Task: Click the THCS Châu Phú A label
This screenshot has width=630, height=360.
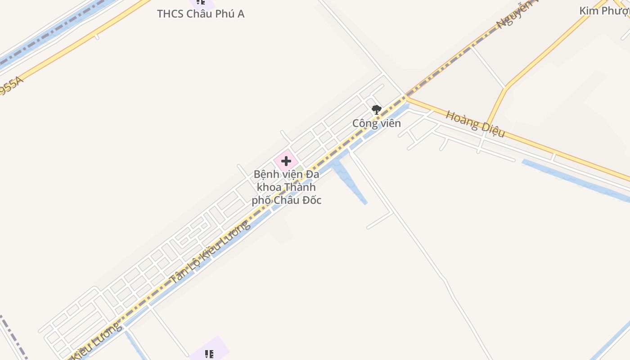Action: [x=201, y=14]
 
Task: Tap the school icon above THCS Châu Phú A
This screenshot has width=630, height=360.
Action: [x=201, y=2]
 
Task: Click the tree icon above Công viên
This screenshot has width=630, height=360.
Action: [x=376, y=109]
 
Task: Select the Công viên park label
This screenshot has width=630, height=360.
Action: [x=376, y=123]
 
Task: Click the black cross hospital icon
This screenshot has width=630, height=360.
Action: [x=286, y=161]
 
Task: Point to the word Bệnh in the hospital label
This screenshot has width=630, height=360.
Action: [x=265, y=175]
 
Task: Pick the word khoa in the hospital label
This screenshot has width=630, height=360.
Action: [x=269, y=187]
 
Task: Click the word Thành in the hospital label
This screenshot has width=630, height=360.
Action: [x=300, y=187]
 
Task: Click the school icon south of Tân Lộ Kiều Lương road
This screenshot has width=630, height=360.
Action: [x=209, y=354]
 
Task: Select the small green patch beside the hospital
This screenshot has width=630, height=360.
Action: [x=299, y=170]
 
